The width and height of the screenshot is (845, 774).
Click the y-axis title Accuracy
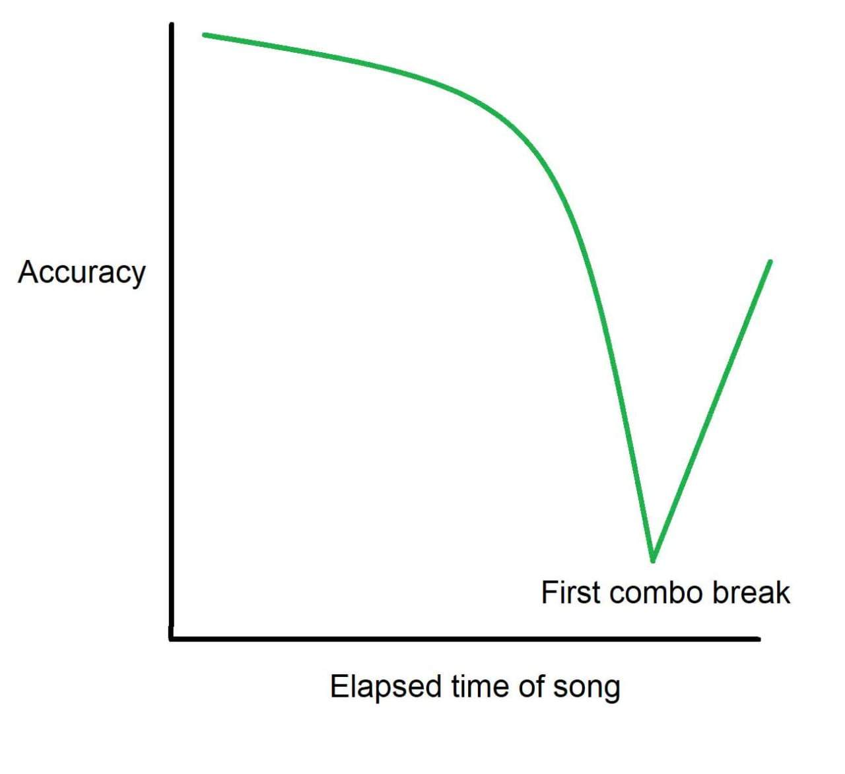tap(82, 273)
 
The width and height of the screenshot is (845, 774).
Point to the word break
tap(751, 593)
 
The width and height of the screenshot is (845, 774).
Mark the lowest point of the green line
tap(653, 560)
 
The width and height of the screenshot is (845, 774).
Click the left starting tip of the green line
tap(204, 35)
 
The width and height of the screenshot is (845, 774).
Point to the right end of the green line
tap(770, 261)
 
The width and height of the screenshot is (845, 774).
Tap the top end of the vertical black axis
tap(172, 24)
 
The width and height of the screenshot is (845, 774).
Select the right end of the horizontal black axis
tap(759, 639)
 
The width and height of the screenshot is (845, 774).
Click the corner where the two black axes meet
tap(172, 639)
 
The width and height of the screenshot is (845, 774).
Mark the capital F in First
tap(550, 593)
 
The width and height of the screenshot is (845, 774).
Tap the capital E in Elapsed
tap(339, 687)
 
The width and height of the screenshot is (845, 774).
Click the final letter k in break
tap(782, 593)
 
